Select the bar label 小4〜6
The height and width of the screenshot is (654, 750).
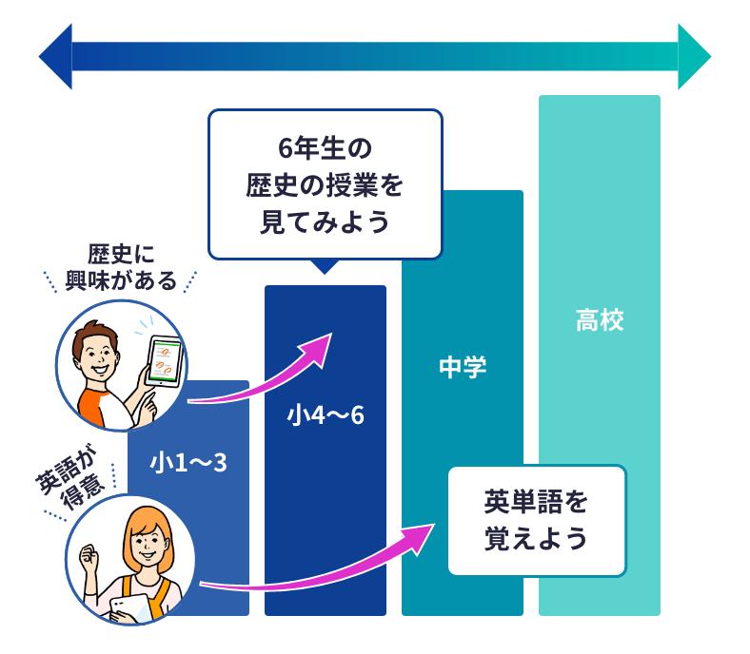point(326,415)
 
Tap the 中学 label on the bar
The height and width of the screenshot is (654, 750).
point(463,367)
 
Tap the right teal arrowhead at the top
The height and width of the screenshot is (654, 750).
point(693,56)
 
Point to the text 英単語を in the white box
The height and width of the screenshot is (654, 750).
point(537,501)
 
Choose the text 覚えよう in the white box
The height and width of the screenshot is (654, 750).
point(537,540)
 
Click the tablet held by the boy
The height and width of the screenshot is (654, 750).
point(163,361)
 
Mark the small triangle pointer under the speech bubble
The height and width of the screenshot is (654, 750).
point(326,266)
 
